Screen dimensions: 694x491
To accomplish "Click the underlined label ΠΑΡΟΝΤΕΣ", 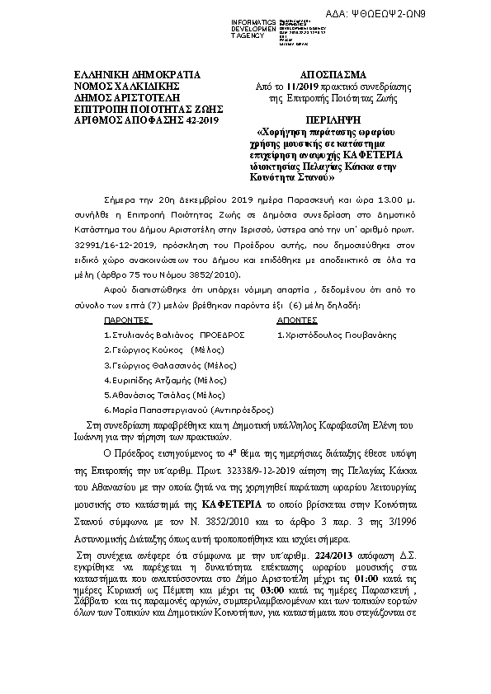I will [126, 319].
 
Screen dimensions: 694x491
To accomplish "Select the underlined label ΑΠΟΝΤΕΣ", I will [295, 319].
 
